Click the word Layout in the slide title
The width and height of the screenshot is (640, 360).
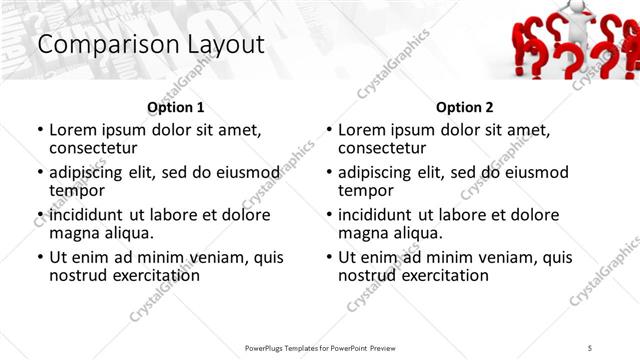click(220, 45)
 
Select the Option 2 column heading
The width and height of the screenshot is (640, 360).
click(465, 107)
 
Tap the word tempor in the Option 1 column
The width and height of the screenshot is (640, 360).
click(77, 191)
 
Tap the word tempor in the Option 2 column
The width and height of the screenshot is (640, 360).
click(366, 191)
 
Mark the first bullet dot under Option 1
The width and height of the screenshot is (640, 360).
click(40, 130)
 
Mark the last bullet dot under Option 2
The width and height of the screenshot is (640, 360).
click(329, 257)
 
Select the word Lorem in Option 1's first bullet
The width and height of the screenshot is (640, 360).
click(73, 129)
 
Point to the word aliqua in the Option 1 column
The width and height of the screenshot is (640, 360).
click(129, 233)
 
